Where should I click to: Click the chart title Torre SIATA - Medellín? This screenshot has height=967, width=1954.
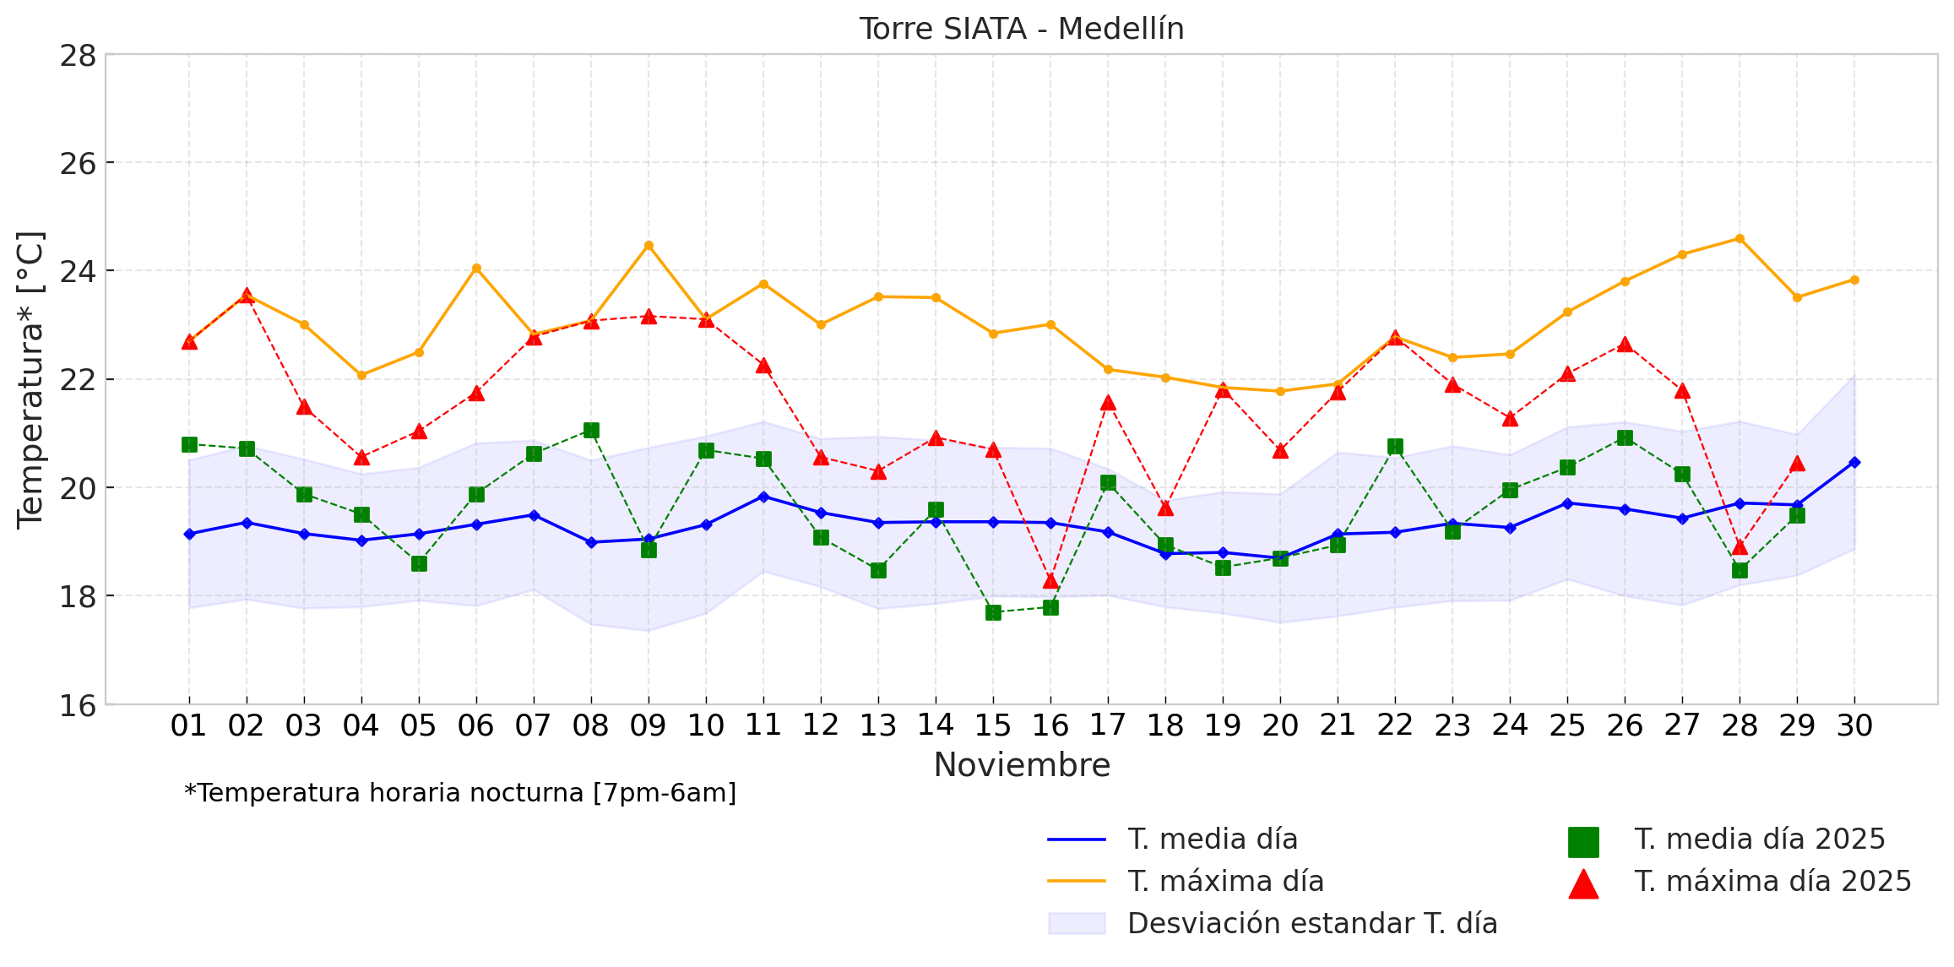tap(1022, 29)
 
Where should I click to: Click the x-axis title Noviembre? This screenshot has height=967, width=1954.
tap(1022, 765)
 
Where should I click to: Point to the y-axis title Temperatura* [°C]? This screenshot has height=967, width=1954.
tap(30, 380)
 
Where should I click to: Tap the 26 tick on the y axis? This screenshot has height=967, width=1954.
tap(78, 163)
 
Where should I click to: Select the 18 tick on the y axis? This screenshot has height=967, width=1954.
tap(78, 596)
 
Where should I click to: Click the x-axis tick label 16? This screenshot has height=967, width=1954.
tap(1050, 725)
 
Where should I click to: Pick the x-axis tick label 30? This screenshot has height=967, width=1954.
tap(1854, 725)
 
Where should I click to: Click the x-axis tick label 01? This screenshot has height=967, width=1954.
tap(188, 725)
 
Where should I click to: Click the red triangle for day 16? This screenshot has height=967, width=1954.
tap(1050, 581)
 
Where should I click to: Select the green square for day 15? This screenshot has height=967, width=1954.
tap(993, 612)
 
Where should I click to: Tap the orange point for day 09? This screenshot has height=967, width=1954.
tap(649, 246)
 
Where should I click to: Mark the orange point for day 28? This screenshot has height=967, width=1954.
tap(1740, 239)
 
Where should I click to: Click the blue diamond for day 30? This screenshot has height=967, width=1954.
tap(1854, 462)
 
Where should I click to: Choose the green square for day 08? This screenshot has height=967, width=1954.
tap(591, 431)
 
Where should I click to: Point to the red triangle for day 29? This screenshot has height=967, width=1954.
tap(1797, 464)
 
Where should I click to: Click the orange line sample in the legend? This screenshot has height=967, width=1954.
tap(1077, 882)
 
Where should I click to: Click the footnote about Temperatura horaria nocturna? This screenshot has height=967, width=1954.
tap(460, 793)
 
